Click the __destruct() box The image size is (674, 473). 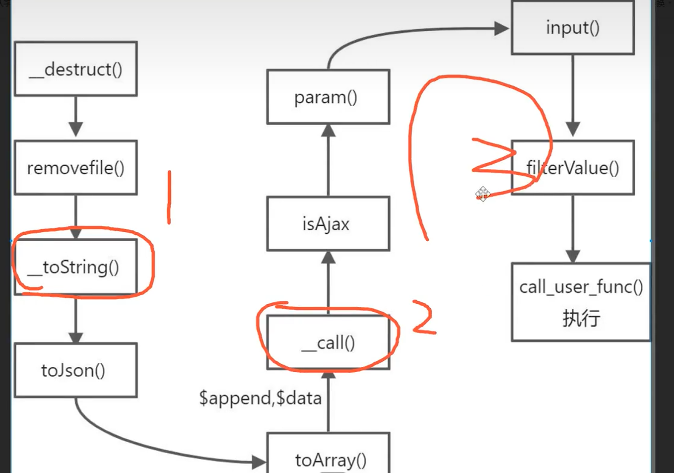(76, 69)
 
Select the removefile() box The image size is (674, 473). (76, 168)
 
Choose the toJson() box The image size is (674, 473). (76, 370)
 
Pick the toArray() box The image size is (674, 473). (329, 457)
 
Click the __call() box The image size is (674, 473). (329, 342)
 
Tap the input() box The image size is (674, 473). (573, 28)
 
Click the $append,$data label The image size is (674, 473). (260, 398)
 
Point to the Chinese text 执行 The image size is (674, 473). (581, 318)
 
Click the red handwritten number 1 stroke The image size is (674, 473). (169, 198)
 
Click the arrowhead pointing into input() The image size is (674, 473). (502, 29)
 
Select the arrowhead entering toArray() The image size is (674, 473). (259, 462)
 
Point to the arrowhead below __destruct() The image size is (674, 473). (76, 129)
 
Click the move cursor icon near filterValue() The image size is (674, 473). (482, 194)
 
